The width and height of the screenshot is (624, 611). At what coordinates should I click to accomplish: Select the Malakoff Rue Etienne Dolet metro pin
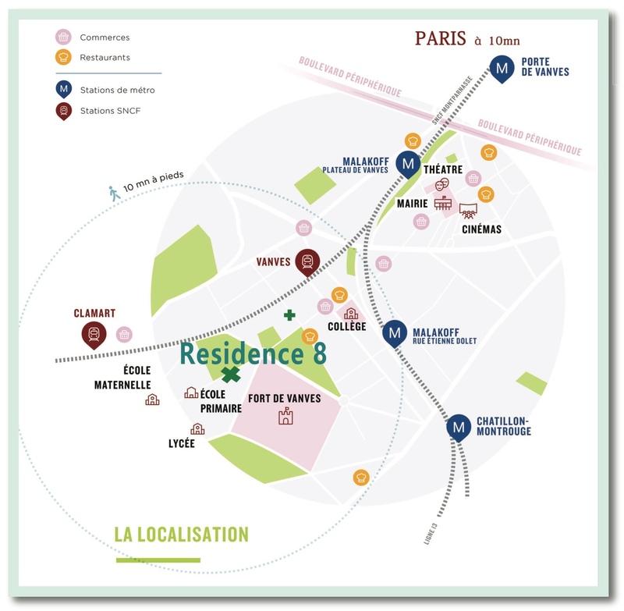tap(395, 334)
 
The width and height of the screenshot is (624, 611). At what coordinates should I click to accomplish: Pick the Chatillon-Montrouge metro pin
tap(459, 427)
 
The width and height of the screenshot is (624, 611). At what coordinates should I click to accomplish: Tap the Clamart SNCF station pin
tap(94, 335)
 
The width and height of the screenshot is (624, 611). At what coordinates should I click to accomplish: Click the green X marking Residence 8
tap(230, 375)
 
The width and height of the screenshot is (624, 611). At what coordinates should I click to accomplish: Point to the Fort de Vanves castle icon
tap(285, 416)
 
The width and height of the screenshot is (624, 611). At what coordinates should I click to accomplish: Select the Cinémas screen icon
tap(468, 210)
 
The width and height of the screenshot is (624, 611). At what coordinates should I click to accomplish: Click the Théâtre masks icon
tap(442, 185)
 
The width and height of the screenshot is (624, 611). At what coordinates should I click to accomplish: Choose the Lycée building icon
tap(197, 428)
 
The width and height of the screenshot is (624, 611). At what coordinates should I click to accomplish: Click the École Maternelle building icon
tap(152, 400)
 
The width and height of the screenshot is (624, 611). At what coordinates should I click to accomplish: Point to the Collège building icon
tap(350, 313)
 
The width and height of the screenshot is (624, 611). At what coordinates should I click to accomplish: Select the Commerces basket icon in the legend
tap(63, 37)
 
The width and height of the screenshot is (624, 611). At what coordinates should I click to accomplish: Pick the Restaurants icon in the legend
tap(63, 57)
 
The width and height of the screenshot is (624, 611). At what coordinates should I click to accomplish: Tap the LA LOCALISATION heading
tap(181, 535)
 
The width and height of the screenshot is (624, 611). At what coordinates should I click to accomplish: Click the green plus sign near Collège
tap(289, 315)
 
